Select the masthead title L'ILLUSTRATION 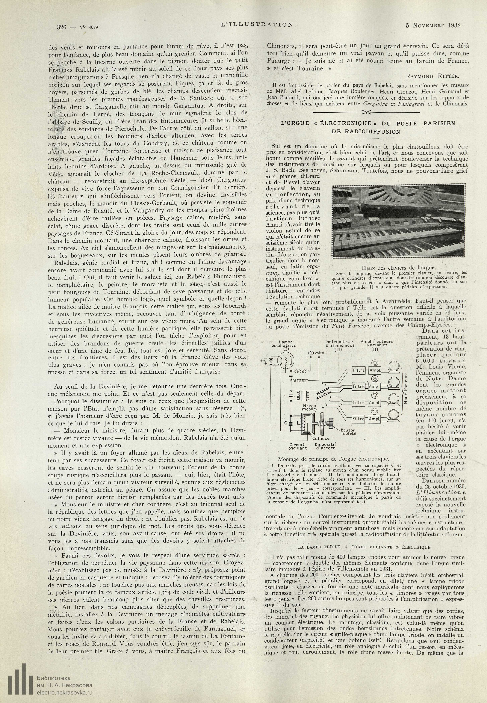tap(257, 24)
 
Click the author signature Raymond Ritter tap(433, 76)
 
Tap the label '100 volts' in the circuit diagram tap(316, 353)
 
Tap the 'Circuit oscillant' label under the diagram tap(298, 446)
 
